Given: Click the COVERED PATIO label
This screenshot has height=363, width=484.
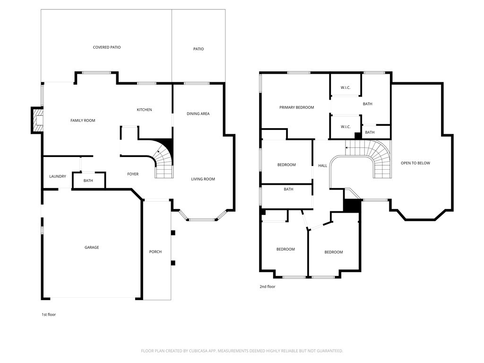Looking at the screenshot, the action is point(107,47).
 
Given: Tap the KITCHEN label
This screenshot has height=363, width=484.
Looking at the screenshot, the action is point(144,110).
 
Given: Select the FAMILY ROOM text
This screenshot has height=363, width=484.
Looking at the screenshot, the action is point(83,121).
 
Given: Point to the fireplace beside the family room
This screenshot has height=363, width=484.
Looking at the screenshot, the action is point(37,120).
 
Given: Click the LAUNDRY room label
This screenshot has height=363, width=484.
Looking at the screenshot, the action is point(58,176).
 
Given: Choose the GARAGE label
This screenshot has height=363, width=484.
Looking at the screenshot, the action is point(92,247).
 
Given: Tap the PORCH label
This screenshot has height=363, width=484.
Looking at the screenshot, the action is point(155,251).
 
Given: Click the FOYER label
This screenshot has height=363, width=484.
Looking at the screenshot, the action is point(133,174).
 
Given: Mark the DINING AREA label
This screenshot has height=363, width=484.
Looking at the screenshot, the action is point(198,113).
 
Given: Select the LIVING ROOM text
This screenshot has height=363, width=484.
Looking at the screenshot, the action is point(203,179).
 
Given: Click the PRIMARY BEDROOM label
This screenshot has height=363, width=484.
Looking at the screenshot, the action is point(297,107).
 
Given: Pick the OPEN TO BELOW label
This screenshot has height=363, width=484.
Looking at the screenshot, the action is point(415,163).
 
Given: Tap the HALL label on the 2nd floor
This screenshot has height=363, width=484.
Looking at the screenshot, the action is point(322,166).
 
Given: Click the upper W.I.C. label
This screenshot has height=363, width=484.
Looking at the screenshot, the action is point(346,87).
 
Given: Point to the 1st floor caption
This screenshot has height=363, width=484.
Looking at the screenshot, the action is point(49,314).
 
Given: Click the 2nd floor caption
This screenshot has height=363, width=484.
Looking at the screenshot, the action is point(268,286).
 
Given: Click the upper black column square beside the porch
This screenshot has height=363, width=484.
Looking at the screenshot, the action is point(173,233).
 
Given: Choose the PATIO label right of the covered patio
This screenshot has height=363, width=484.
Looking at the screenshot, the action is point(199,49).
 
